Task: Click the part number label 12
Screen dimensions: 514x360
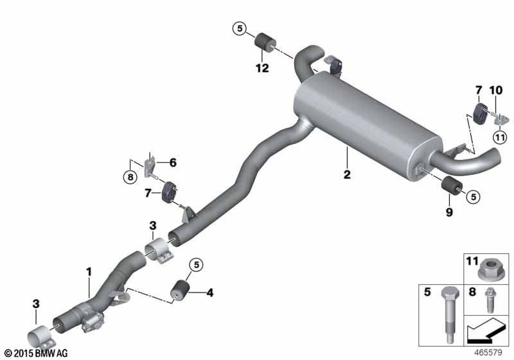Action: pyautogui.click(x=262, y=68)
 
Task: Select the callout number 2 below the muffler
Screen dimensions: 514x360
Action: pyautogui.click(x=347, y=174)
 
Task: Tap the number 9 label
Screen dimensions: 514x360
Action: pyautogui.click(x=449, y=212)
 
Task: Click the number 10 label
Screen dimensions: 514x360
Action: pyautogui.click(x=495, y=90)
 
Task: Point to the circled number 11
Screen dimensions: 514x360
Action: pyautogui.click(x=500, y=137)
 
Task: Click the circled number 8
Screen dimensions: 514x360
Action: pyautogui.click(x=130, y=177)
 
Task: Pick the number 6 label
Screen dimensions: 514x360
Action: pyautogui.click(x=173, y=162)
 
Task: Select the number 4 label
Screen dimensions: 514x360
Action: pyautogui.click(x=210, y=292)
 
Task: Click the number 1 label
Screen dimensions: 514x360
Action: pyautogui.click(x=89, y=272)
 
